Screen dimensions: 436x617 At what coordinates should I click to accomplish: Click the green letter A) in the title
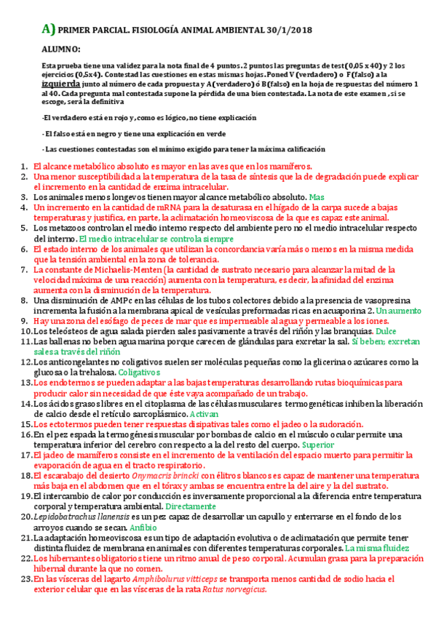point(48,29)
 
